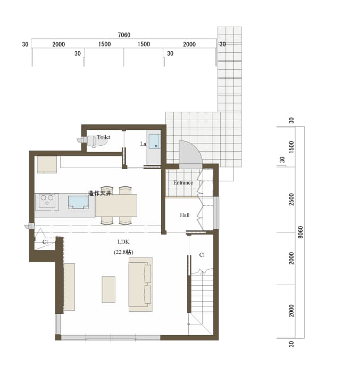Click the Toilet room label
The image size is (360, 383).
(x=104, y=137)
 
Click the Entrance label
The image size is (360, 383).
(x=183, y=182)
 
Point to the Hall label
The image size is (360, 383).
(x=185, y=215)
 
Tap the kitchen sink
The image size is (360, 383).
(x=78, y=202)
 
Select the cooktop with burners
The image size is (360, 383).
(x=47, y=201)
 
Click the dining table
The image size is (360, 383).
(x=116, y=205)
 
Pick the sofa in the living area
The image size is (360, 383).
(x=141, y=284)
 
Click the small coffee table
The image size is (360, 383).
(x=108, y=289)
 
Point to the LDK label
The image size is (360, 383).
(x=123, y=242)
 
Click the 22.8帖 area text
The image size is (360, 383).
(x=123, y=252)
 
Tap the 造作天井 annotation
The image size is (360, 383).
(x=99, y=193)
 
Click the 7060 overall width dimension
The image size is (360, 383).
(x=124, y=35)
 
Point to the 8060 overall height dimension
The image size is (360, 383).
(x=300, y=232)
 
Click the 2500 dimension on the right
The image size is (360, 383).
(x=291, y=199)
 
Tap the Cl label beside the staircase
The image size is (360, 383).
(x=202, y=255)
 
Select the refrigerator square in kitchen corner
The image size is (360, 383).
(x=47, y=164)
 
